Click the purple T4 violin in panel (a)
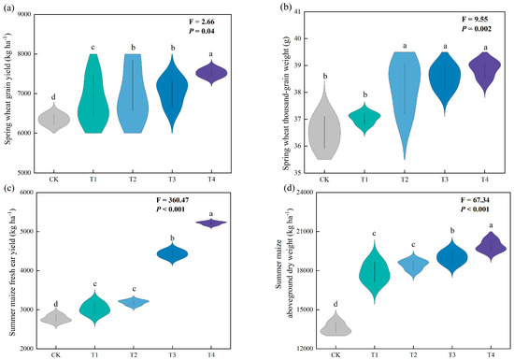(211, 73)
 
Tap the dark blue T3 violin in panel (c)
(173, 253)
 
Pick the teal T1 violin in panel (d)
(375, 272)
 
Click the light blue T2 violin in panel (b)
(405, 85)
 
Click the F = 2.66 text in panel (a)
(202, 22)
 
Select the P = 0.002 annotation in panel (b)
(477, 29)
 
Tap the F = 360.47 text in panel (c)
(173, 200)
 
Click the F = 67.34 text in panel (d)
(475, 200)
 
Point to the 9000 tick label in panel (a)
(24, 14)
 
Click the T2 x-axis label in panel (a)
(133, 180)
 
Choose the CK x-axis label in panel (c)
(56, 355)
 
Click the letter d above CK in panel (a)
(53, 97)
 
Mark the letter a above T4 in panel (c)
(211, 214)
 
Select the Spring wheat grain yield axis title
(8, 89)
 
